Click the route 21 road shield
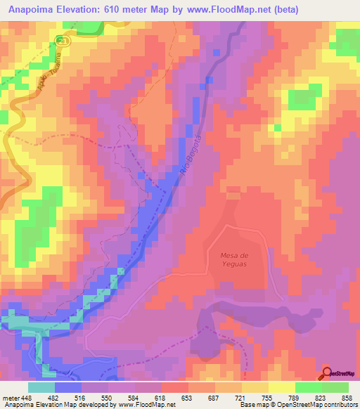click(x=64, y=41)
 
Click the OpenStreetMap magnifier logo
click(x=328, y=373)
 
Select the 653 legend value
click(x=187, y=398)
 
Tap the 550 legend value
click(x=106, y=398)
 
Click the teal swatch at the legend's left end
click(x=41, y=387)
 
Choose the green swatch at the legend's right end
click(x=335, y=387)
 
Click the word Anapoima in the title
click(x=30, y=10)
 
